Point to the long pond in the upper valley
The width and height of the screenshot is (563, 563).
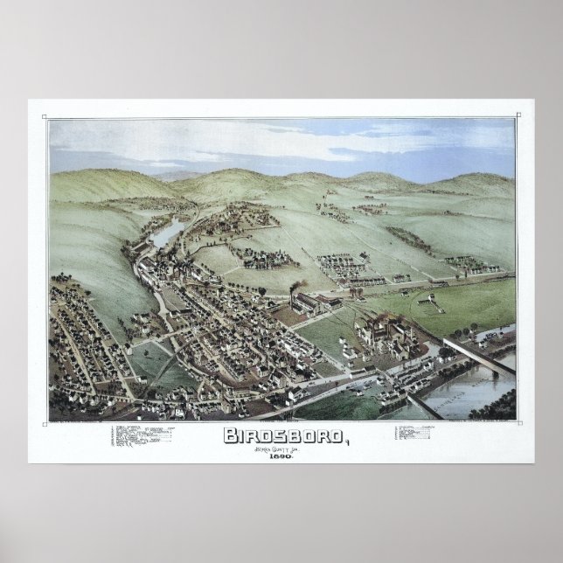pos(168,233)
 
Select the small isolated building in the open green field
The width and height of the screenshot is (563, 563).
pos(427,299)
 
